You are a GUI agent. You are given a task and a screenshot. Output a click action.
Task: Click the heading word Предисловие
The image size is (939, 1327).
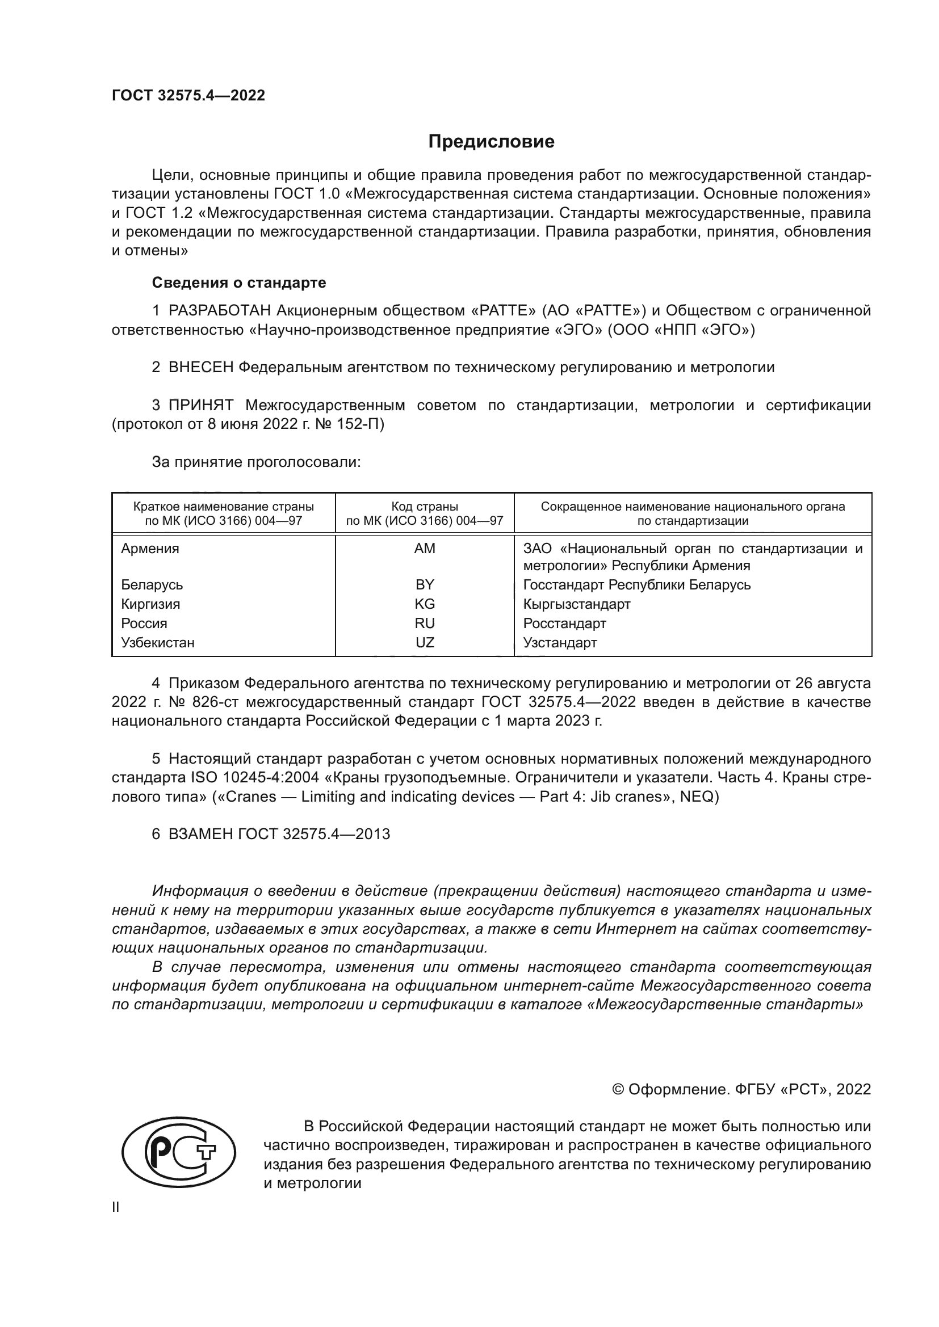(491, 142)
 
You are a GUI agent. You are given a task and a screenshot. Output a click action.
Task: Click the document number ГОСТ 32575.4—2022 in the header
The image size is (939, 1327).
(188, 95)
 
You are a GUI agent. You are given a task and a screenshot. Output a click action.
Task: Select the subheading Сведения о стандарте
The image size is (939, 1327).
(238, 283)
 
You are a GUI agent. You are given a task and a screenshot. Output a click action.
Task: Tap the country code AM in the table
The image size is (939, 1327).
(425, 549)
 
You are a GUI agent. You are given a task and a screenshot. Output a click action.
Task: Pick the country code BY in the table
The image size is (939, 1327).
(425, 584)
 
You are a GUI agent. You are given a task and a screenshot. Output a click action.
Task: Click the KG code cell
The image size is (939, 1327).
(425, 604)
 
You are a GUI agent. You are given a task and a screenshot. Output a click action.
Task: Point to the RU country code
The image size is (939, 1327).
(425, 623)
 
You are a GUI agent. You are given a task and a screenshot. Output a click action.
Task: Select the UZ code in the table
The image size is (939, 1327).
(425, 642)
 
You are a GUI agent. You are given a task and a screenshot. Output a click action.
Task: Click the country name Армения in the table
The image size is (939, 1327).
(150, 549)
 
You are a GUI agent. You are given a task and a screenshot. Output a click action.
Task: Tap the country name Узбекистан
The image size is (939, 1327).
(157, 642)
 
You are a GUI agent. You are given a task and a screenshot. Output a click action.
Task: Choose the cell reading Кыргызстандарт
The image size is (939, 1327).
(576, 604)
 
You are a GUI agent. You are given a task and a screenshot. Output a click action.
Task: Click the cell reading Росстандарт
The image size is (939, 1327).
(564, 623)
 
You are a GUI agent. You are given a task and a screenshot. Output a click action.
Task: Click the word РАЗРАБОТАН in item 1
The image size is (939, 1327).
(219, 311)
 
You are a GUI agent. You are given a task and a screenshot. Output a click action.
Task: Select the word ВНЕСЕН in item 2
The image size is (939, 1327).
(200, 367)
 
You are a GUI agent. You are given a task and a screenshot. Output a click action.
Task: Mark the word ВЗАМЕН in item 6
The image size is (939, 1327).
(200, 834)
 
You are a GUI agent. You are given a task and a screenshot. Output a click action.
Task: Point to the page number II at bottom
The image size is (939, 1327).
(116, 1207)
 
